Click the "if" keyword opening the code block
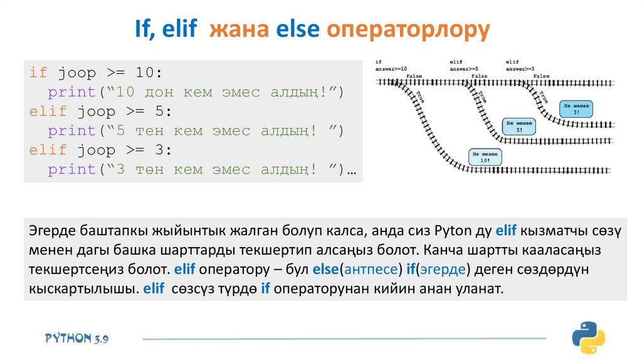click(x=38, y=73)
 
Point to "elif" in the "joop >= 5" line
click(x=48, y=112)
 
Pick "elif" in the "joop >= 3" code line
click(x=48, y=151)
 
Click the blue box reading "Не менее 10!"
click(x=486, y=157)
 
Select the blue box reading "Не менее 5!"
click(x=519, y=127)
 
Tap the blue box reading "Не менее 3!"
click(x=576, y=108)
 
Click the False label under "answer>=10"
click(x=414, y=76)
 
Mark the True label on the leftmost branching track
click(x=419, y=95)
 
